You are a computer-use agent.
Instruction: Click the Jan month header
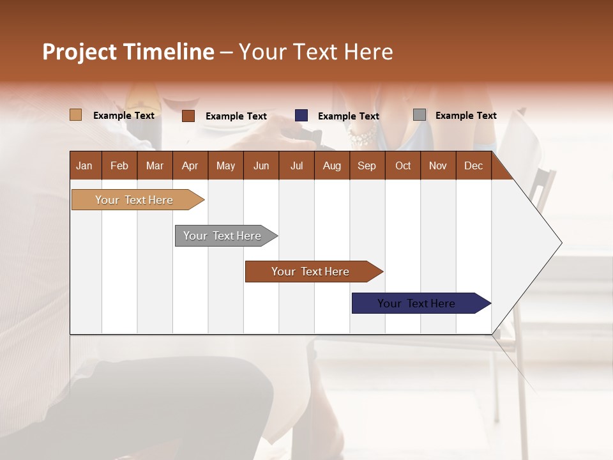(85, 165)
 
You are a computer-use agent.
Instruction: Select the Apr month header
(190, 165)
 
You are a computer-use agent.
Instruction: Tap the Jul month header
(296, 165)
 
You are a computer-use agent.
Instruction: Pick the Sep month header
(367, 165)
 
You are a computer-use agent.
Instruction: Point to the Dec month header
(473, 165)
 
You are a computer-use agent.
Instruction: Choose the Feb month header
(119, 165)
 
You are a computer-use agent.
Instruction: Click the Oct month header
(403, 165)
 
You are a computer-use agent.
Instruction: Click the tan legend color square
(76, 115)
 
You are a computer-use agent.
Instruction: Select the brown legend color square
(188, 116)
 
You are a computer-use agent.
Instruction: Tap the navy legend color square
(301, 116)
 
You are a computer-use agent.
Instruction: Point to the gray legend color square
(420, 115)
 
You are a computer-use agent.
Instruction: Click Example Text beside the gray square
(465, 116)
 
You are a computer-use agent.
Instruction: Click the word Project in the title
(80, 52)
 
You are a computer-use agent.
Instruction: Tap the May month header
(225, 165)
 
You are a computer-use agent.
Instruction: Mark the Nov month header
(438, 165)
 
